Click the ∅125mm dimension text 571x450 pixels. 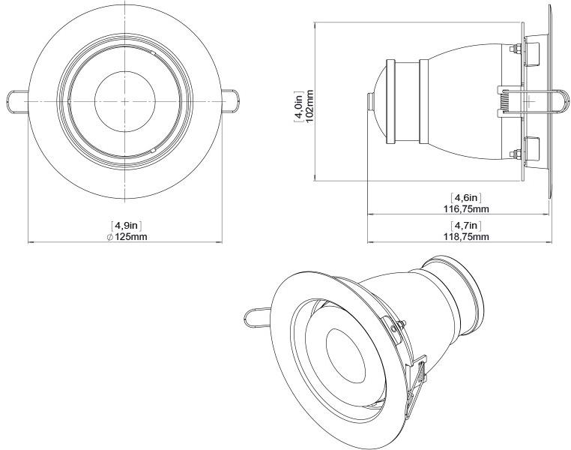127,237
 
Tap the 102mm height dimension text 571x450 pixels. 310,102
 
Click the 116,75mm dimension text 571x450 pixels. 466,209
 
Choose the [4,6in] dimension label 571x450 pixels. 466,198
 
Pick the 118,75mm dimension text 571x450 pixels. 466,237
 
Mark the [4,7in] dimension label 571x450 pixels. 466,226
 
